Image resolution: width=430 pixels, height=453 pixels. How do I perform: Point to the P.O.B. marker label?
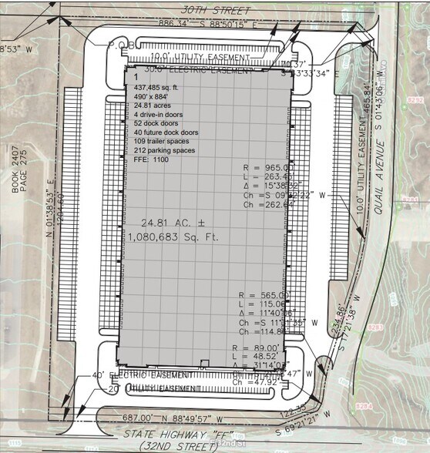pyautogui.click(x=123, y=45)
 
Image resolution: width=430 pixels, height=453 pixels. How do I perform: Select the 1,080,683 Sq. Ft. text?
pyautogui.click(x=175, y=238)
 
